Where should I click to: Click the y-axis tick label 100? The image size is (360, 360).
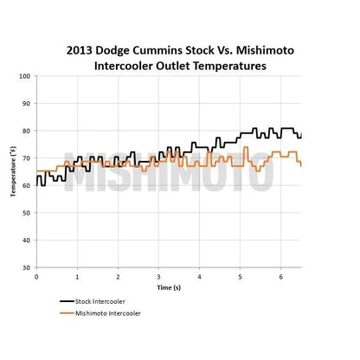coord(24,76)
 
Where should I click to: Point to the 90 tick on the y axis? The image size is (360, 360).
coord(26,104)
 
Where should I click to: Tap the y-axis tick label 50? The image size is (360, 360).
coord(26,213)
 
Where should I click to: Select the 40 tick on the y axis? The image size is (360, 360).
coord(26,241)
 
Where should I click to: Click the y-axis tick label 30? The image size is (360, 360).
coord(26,267)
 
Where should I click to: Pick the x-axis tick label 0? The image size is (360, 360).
coord(36,277)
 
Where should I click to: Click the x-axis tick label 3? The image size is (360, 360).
coord(158,277)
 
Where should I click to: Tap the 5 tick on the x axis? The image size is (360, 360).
coord(240,277)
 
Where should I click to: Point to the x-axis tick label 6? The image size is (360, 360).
coord(280,277)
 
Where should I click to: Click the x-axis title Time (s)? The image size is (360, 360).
coord(169,287)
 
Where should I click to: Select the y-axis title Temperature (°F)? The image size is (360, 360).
coord(13,171)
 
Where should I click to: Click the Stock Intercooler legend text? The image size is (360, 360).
coord(100,302)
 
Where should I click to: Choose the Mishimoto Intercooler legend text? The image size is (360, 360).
coord(108,313)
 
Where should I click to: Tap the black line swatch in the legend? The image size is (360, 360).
coord(67,301)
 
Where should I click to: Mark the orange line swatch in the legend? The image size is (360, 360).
coord(67,313)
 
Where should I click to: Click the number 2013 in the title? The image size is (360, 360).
coord(80,50)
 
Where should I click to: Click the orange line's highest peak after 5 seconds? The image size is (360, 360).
coord(246,147)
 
